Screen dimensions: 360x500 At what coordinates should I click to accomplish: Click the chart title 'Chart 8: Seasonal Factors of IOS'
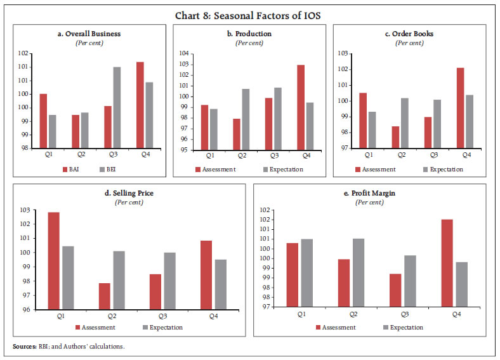pyautogui.click(x=250, y=11)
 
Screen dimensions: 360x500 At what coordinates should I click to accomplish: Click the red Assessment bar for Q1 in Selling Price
pyautogui.click(x=55, y=261)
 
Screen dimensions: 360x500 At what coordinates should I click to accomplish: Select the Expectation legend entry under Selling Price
pyautogui.click(x=163, y=328)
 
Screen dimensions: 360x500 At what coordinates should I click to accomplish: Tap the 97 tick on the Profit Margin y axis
pyautogui.click(x=266, y=307)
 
